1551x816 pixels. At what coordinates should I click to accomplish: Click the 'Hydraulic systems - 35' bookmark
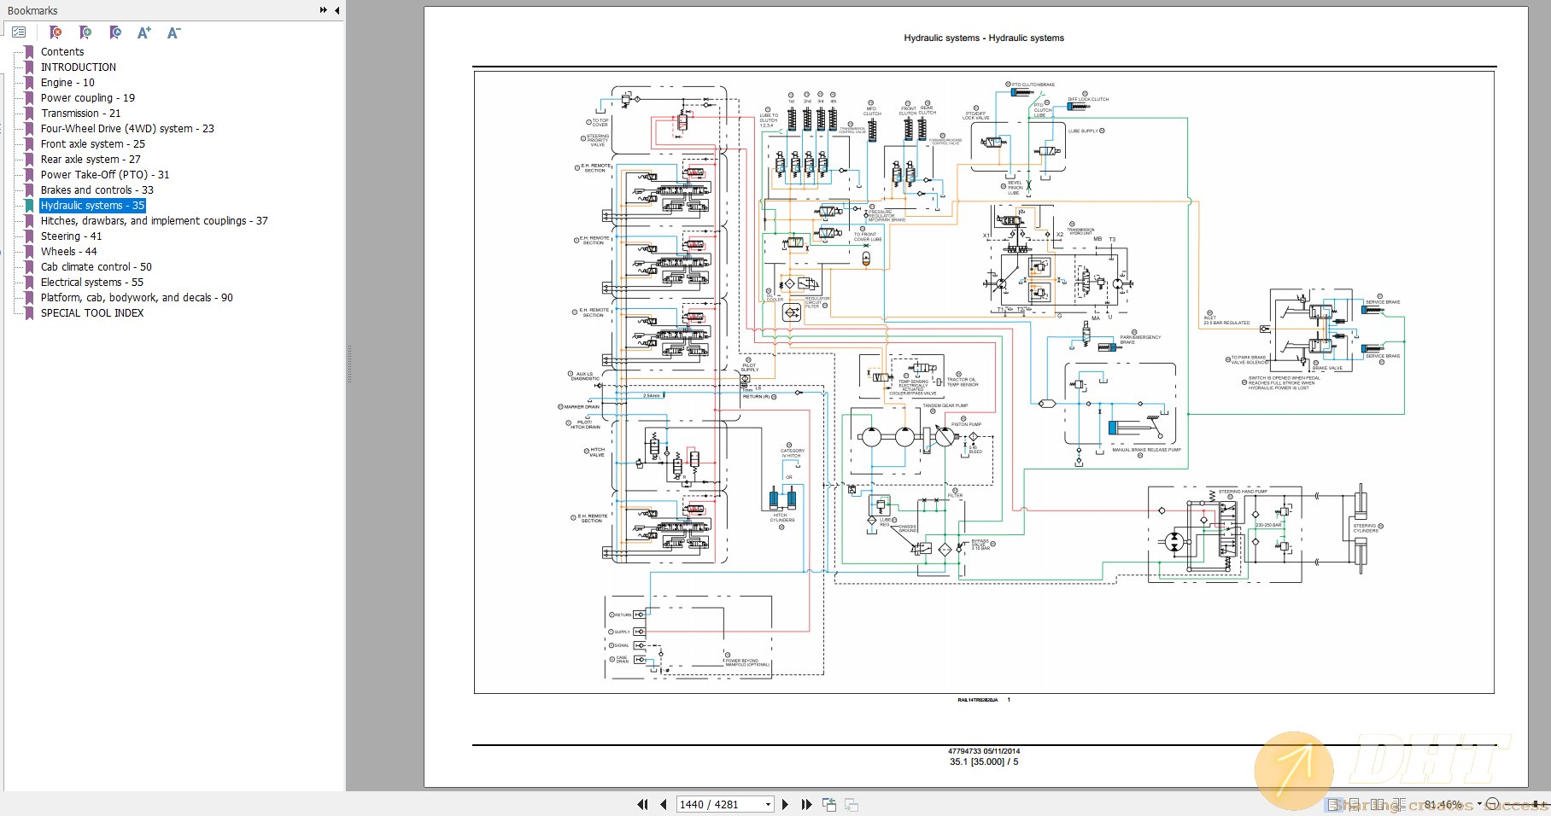pyautogui.click(x=92, y=206)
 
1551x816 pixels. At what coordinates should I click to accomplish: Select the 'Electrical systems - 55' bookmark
pyautogui.click(x=91, y=283)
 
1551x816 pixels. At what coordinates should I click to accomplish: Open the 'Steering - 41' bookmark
pyautogui.click(x=71, y=236)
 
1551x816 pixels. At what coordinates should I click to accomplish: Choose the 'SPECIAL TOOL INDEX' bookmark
pyautogui.click(x=92, y=313)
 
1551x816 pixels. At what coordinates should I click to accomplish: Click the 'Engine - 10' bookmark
pyautogui.click(x=67, y=83)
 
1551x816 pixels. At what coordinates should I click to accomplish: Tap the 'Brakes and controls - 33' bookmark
pyautogui.click(x=97, y=190)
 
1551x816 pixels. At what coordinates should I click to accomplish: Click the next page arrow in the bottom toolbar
pyautogui.click(x=785, y=804)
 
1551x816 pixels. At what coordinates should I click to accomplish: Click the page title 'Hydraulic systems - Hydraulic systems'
pyautogui.click(x=984, y=38)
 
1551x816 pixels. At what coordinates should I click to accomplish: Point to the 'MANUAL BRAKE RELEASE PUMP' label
pyautogui.click(x=1146, y=450)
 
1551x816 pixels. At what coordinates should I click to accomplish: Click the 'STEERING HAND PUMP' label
pyautogui.click(x=1243, y=492)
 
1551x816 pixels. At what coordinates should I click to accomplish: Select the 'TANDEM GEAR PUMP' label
pyautogui.click(x=945, y=405)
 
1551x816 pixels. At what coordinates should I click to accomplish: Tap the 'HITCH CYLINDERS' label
pyautogui.click(x=782, y=517)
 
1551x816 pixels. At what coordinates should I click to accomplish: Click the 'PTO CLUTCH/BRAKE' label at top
pyautogui.click(x=1033, y=85)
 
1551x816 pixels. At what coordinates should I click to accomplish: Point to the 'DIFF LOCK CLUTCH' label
pyautogui.click(x=1088, y=99)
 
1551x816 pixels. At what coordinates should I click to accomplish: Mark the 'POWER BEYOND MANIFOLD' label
pyautogui.click(x=747, y=662)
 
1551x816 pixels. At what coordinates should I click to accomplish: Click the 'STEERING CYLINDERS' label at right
pyautogui.click(x=1365, y=528)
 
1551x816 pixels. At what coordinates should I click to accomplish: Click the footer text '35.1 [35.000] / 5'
pyautogui.click(x=984, y=762)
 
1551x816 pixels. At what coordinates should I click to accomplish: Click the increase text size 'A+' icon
pyautogui.click(x=144, y=32)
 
